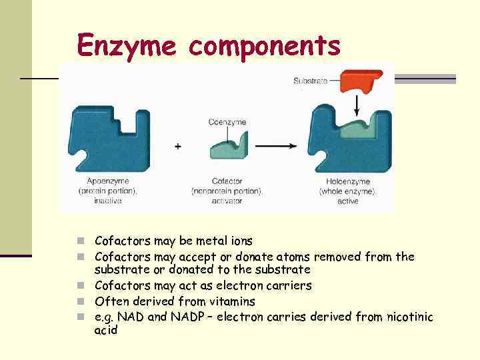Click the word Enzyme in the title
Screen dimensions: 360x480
tap(127, 45)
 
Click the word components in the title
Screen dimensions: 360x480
tap(265, 45)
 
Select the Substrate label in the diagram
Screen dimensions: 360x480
tap(310, 81)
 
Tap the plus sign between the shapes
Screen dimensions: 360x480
tap(178, 146)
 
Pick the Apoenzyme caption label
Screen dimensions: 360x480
tap(108, 181)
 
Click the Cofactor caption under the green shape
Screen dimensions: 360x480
tap(227, 181)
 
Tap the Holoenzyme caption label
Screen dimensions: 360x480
tap(347, 181)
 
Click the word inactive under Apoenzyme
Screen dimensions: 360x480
tap(108, 201)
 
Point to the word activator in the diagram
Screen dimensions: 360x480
tap(227, 201)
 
